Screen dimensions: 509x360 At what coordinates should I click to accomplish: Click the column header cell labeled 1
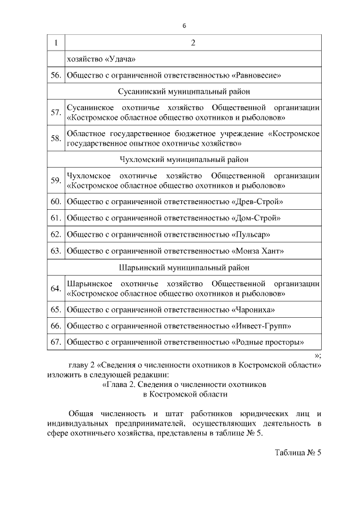[x=56, y=43]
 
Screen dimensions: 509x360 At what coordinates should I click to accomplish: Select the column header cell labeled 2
[x=193, y=43]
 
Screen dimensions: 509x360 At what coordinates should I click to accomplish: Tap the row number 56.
[x=56, y=74]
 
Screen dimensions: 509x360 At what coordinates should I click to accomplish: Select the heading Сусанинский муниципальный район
[x=184, y=90]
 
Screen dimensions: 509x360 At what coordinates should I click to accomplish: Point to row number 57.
[x=56, y=113]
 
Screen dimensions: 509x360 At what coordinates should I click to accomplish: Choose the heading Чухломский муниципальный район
[x=184, y=160]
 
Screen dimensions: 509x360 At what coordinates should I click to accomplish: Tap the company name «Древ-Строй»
[x=257, y=201]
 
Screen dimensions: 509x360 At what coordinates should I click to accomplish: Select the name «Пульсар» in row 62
[x=251, y=233]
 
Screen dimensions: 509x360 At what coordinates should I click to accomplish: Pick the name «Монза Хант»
[x=258, y=250]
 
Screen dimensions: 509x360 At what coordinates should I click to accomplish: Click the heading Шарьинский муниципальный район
[x=184, y=268]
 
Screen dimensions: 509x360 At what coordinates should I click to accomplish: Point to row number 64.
[x=56, y=289]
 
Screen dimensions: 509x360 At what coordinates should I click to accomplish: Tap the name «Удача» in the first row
[x=118, y=58]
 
